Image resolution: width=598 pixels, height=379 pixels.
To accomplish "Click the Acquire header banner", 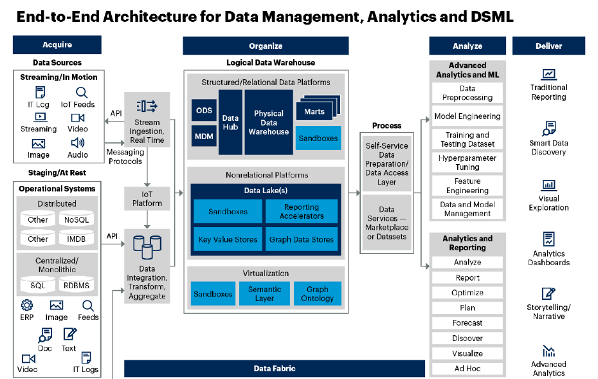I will pyautogui.click(x=57, y=45).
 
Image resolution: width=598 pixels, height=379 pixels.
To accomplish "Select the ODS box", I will pyautogui.click(x=204, y=111).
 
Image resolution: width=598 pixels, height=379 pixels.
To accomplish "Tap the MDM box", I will pyautogui.click(x=204, y=136).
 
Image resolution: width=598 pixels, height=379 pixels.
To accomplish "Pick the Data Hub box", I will pyautogui.click(x=230, y=122).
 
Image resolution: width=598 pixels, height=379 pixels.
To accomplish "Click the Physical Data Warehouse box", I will pyautogui.click(x=269, y=122).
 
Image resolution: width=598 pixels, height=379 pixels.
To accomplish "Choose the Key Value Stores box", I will pyautogui.click(x=228, y=239).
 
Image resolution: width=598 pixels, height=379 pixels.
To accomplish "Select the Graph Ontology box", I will pyautogui.click(x=317, y=293).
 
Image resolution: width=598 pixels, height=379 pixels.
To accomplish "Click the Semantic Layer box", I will pyautogui.click(x=264, y=293).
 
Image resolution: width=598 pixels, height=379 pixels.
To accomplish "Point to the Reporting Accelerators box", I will pyautogui.click(x=302, y=211).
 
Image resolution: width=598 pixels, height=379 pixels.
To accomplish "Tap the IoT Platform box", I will pyautogui.click(x=147, y=198).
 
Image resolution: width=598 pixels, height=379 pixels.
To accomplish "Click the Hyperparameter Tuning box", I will pyautogui.click(x=467, y=162).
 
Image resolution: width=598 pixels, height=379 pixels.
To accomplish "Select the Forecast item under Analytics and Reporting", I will pyautogui.click(x=467, y=323).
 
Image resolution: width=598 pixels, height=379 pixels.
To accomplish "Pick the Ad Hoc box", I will pyautogui.click(x=467, y=369).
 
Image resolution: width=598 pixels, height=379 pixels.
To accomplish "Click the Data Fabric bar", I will pyautogui.click(x=275, y=369).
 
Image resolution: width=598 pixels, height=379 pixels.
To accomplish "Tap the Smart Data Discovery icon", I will pyautogui.click(x=548, y=128).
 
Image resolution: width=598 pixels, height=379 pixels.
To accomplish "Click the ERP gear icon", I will pyautogui.click(x=27, y=305).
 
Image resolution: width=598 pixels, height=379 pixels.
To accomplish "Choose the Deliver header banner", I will pyautogui.click(x=548, y=46).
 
